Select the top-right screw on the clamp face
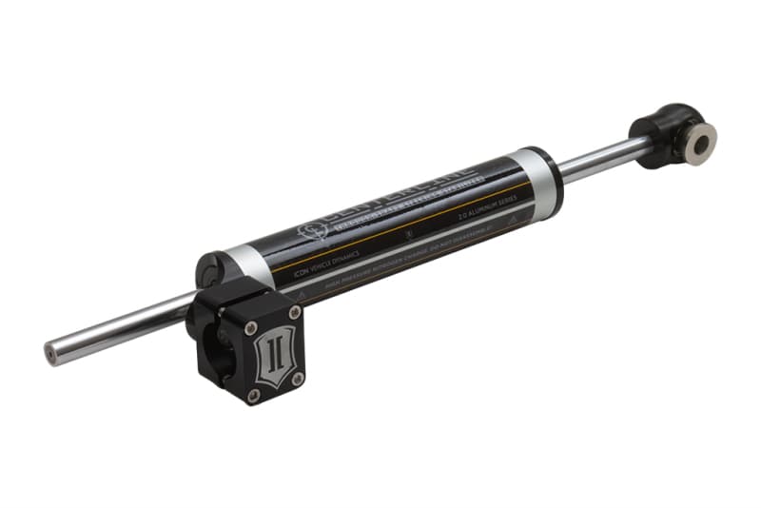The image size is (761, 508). (294, 311)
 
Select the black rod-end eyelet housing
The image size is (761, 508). (666, 133)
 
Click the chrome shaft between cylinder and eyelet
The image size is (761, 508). (599, 158)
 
